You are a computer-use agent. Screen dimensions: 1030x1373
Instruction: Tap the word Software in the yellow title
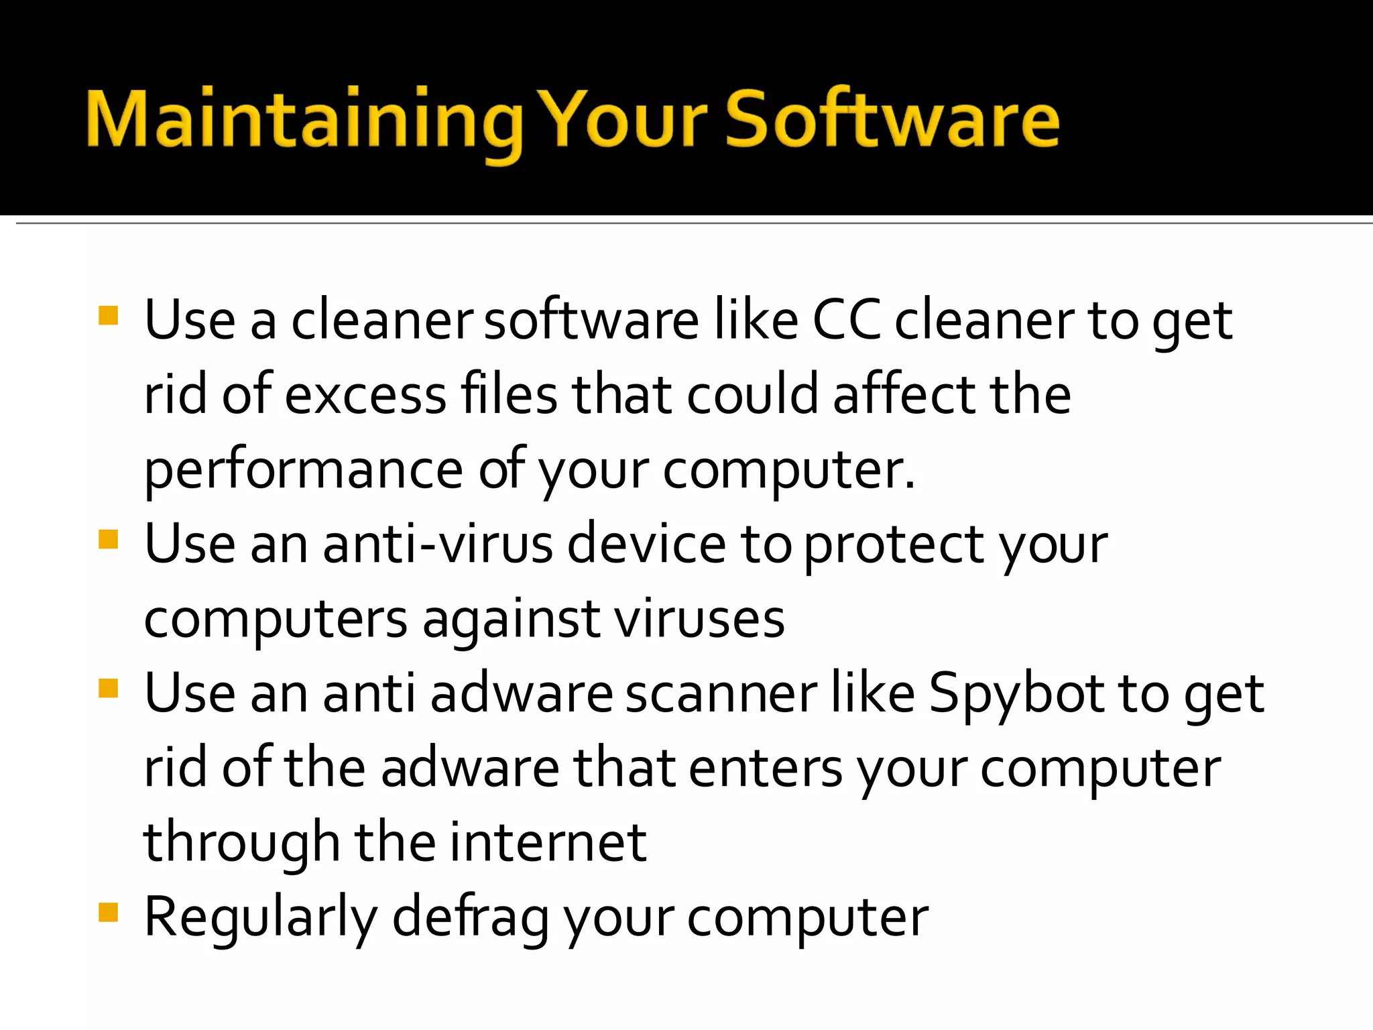point(892,119)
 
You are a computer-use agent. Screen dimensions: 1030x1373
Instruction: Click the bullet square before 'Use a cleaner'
point(108,315)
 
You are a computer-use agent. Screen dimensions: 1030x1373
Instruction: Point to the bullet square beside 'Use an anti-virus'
point(108,539)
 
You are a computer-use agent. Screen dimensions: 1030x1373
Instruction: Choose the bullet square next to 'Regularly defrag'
point(108,912)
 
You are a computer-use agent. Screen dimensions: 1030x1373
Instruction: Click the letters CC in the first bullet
point(846,321)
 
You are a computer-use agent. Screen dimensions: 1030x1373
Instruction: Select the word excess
point(365,396)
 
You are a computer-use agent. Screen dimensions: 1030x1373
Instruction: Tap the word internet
point(548,842)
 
